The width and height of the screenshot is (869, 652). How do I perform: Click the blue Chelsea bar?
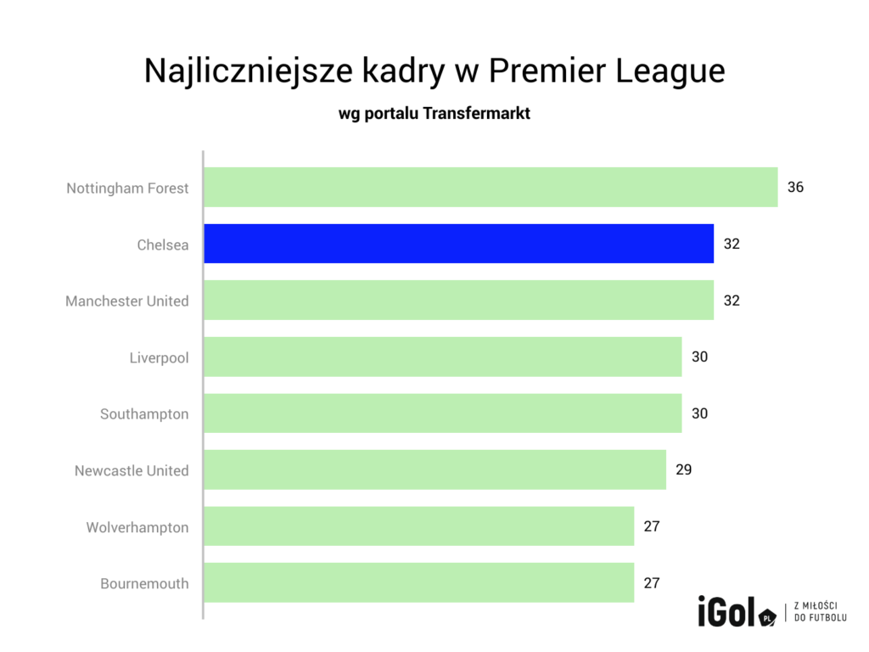(x=458, y=244)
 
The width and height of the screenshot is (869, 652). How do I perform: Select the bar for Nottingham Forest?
(x=491, y=188)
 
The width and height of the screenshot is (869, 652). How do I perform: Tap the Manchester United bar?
(x=458, y=301)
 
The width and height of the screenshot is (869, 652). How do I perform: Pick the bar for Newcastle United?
(x=434, y=469)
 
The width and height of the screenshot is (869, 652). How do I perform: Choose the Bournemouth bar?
(x=418, y=582)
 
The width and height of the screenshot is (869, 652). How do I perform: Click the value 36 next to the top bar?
(x=795, y=188)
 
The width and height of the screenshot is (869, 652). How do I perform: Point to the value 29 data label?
(x=684, y=469)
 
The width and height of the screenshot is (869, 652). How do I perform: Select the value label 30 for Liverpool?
(x=699, y=357)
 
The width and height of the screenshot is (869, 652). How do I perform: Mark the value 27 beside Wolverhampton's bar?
(x=652, y=526)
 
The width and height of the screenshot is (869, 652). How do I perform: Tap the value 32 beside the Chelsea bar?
(x=732, y=244)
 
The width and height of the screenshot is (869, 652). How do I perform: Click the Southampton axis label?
(x=144, y=414)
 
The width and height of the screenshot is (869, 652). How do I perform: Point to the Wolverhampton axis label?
(x=137, y=527)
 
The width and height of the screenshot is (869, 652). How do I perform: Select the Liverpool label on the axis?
(x=159, y=357)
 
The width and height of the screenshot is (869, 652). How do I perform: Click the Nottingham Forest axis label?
(x=127, y=188)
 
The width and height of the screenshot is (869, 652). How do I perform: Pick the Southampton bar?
(x=442, y=413)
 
